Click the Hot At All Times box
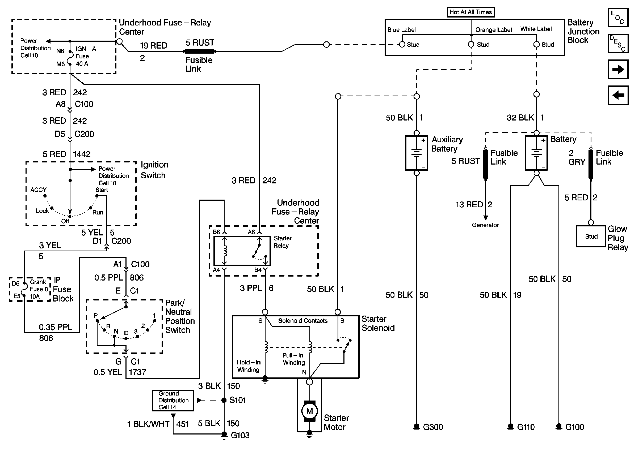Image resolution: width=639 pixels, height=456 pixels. click(x=470, y=12)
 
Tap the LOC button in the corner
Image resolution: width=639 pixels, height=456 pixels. click(x=618, y=18)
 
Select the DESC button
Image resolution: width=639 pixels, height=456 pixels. click(x=618, y=44)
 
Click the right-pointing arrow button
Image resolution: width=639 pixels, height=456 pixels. click(x=618, y=69)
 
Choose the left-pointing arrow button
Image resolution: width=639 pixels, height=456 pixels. click(x=618, y=95)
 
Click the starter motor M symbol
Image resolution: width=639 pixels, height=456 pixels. click(x=309, y=411)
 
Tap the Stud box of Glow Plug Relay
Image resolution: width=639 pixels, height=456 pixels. click(x=591, y=236)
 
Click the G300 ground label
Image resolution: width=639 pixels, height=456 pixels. click(x=433, y=427)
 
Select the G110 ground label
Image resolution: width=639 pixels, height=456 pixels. click(x=526, y=427)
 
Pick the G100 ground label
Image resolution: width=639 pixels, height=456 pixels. click(x=574, y=427)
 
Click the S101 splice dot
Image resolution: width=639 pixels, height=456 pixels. click(x=224, y=400)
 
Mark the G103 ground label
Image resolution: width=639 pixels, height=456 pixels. click(x=240, y=435)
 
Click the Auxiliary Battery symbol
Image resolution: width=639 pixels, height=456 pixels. click(x=416, y=153)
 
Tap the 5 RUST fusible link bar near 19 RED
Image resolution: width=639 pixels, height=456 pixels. click(x=199, y=51)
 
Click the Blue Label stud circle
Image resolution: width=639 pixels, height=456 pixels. click(x=402, y=44)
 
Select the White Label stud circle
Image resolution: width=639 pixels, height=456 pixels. click(x=536, y=44)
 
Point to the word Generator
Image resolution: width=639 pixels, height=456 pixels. click(x=485, y=225)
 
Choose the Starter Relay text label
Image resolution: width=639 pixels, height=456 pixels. click(x=282, y=242)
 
